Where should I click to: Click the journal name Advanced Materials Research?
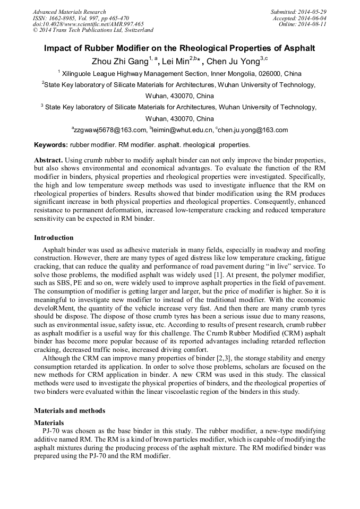click(70, 12)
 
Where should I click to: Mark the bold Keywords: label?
click(51, 145)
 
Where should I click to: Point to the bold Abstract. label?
click(49, 160)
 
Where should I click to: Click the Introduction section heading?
click(54, 238)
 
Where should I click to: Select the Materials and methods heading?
click(70, 410)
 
